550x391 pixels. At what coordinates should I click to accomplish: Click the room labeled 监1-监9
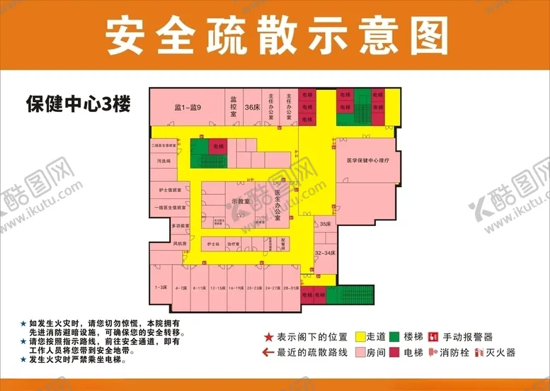(188, 108)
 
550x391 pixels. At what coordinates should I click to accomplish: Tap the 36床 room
(251, 108)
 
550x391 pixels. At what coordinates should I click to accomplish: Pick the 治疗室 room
(234, 244)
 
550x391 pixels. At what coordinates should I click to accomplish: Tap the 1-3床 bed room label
(161, 288)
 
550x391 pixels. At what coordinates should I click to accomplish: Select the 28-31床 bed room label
(291, 288)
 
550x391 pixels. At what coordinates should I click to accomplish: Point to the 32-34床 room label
(324, 251)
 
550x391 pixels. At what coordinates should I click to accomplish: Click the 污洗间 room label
(164, 161)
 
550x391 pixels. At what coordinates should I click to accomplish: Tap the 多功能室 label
(180, 225)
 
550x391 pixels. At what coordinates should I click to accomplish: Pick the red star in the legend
(268, 337)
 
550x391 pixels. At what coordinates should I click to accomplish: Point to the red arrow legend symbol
(268, 352)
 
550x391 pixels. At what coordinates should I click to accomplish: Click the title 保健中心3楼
(79, 104)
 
